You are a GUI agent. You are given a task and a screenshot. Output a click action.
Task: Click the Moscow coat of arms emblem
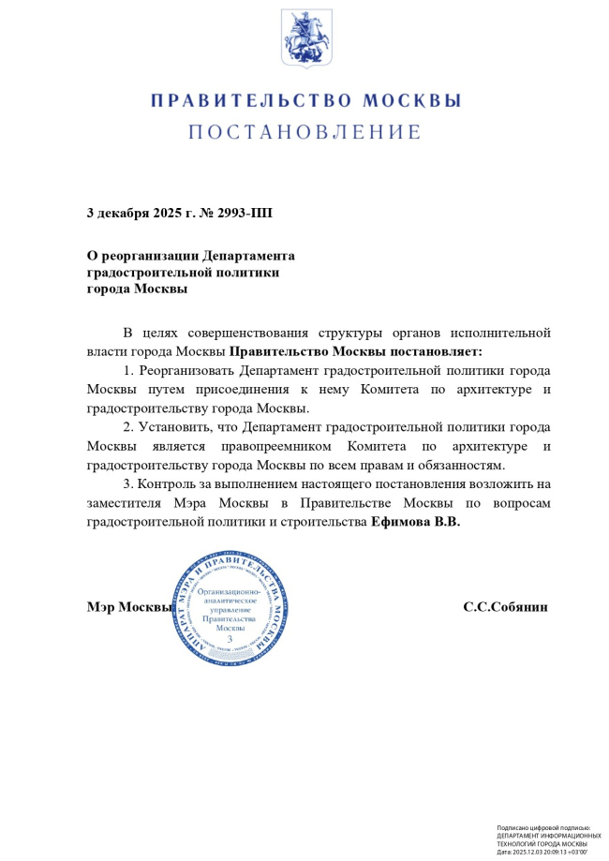coord(305,38)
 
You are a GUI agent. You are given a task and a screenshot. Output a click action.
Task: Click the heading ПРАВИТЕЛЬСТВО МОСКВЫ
coord(305,100)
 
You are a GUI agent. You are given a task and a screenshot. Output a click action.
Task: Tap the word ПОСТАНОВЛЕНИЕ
coord(305,132)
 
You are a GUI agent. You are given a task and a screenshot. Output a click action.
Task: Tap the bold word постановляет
coord(435,351)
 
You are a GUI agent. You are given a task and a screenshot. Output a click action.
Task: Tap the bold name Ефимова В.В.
coord(415,523)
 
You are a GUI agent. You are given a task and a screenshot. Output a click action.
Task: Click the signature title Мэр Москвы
coord(129,606)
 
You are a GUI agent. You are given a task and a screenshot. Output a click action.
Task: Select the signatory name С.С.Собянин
coord(505,606)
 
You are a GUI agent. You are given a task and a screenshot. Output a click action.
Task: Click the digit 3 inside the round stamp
coord(229,638)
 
